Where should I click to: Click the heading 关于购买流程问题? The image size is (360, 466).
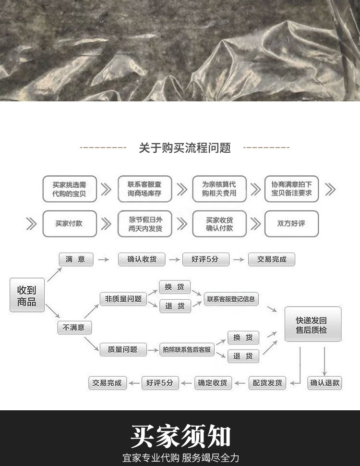tap(185, 148)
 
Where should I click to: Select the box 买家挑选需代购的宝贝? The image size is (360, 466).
tap(70, 189)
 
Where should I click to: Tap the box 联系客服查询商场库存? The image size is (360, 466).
tap(144, 189)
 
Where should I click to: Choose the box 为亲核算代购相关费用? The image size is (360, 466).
tap(219, 189)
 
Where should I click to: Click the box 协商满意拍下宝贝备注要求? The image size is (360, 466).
tap(291, 189)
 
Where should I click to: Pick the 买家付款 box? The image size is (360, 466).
tap(69, 223)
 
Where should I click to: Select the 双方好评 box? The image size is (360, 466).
tap(291, 223)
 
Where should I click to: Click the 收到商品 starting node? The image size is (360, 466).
tap(27, 295)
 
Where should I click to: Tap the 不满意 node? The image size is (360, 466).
tap(74, 328)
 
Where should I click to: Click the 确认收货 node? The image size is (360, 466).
tap(142, 259)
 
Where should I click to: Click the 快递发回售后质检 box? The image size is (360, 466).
tap(312, 324)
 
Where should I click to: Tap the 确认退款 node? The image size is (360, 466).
tap(325, 383)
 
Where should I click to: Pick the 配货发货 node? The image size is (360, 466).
tap(267, 383)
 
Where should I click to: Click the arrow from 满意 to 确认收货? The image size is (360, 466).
tap(104, 259)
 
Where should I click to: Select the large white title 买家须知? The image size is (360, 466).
tap(180, 436)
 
